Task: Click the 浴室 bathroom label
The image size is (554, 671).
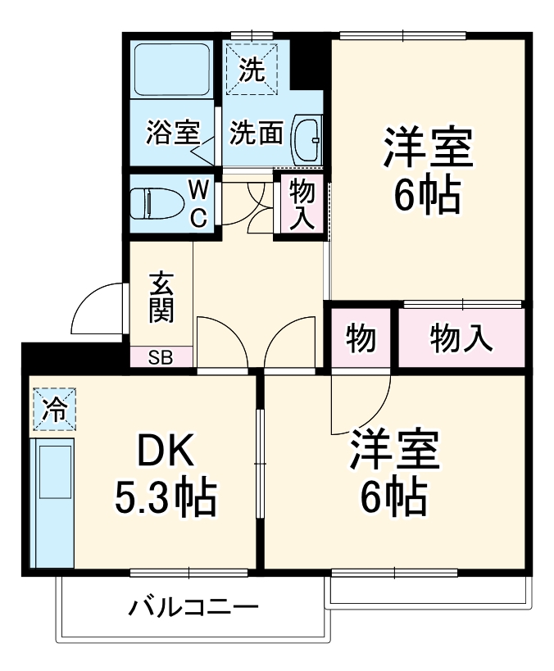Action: pos(173,133)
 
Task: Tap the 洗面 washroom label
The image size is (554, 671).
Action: pos(256,133)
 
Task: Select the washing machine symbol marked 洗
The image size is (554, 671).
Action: pos(253,70)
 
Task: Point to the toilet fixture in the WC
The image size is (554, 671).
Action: pos(157,202)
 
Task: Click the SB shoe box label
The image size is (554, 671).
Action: pos(161,357)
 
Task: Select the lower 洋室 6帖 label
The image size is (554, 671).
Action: pos(393,470)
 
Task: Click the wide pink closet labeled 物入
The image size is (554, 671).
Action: pos(461,338)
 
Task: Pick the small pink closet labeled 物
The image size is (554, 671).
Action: pos(361,338)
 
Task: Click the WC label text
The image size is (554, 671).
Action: pos(199,203)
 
